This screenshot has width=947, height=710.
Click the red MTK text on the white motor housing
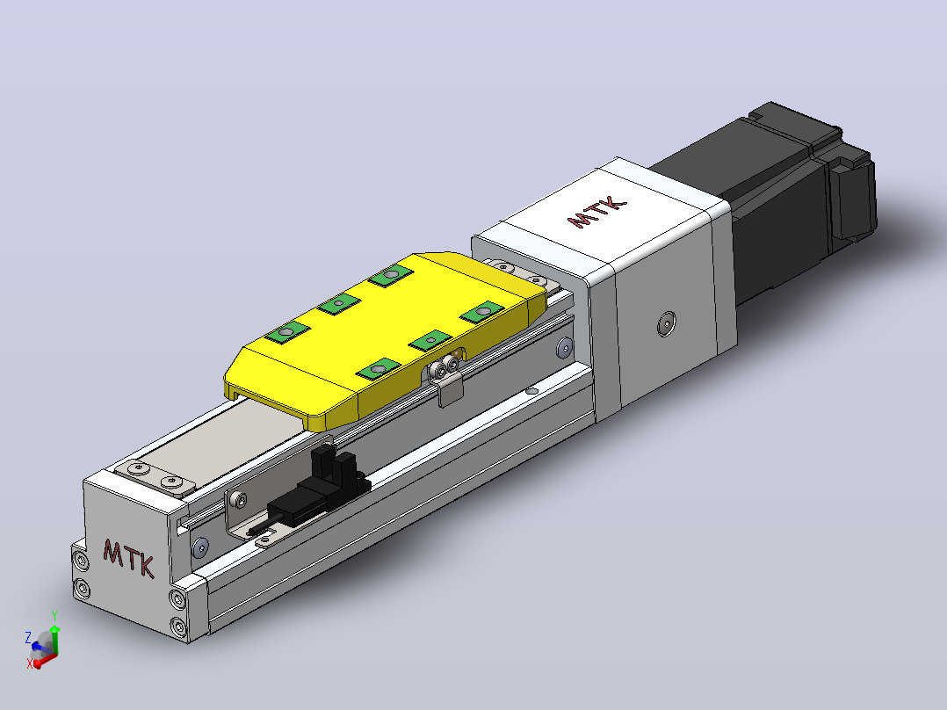click(596, 212)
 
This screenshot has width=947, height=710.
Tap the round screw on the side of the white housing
click(666, 323)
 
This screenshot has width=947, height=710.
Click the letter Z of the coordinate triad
click(28, 637)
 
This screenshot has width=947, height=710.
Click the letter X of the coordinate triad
click(30, 663)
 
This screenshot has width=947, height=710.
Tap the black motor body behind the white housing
click(785, 199)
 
